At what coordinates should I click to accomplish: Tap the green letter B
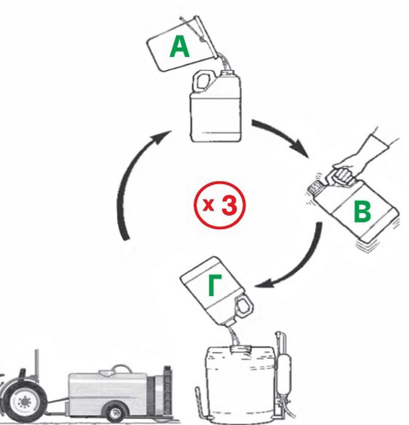pos(362,212)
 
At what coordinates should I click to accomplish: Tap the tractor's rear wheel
pos(24,402)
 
